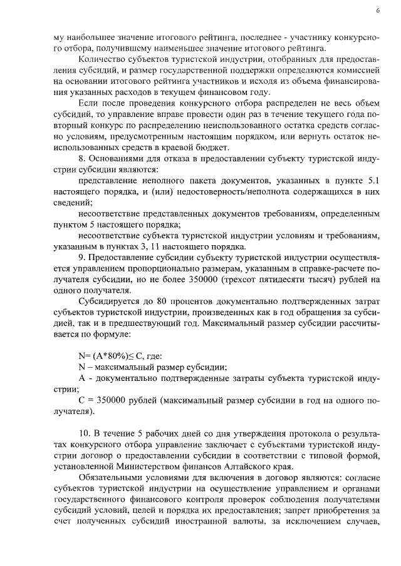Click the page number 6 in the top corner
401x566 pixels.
(378, 11)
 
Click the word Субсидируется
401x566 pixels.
(106, 302)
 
